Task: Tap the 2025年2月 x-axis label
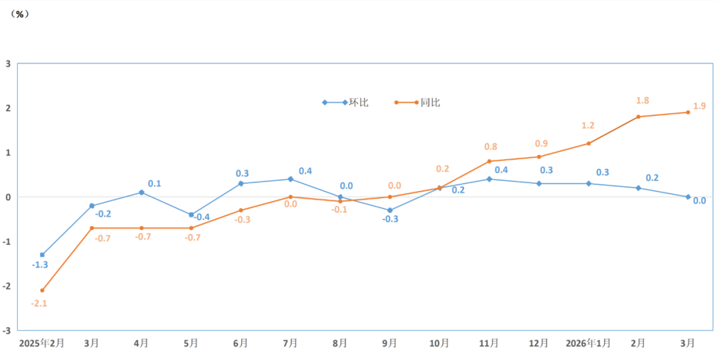tap(42, 343)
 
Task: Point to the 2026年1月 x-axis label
tap(589, 343)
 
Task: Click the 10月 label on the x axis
tap(439, 343)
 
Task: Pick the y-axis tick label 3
tap(8, 64)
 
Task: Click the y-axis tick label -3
tap(7, 331)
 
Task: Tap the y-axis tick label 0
tap(8, 197)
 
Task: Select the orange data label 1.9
tap(699, 106)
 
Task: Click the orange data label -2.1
tap(40, 303)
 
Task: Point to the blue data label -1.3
tap(40, 265)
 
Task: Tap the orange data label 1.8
tap(642, 101)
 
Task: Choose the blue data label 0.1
tap(154, 184)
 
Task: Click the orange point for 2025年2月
tap(42, 290)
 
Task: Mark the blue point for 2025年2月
tap(42, 255)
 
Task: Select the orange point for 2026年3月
tap(688, 112)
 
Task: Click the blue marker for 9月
tap(390, 210)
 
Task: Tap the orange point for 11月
tap(489, 161)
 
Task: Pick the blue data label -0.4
tap(202, 217)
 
